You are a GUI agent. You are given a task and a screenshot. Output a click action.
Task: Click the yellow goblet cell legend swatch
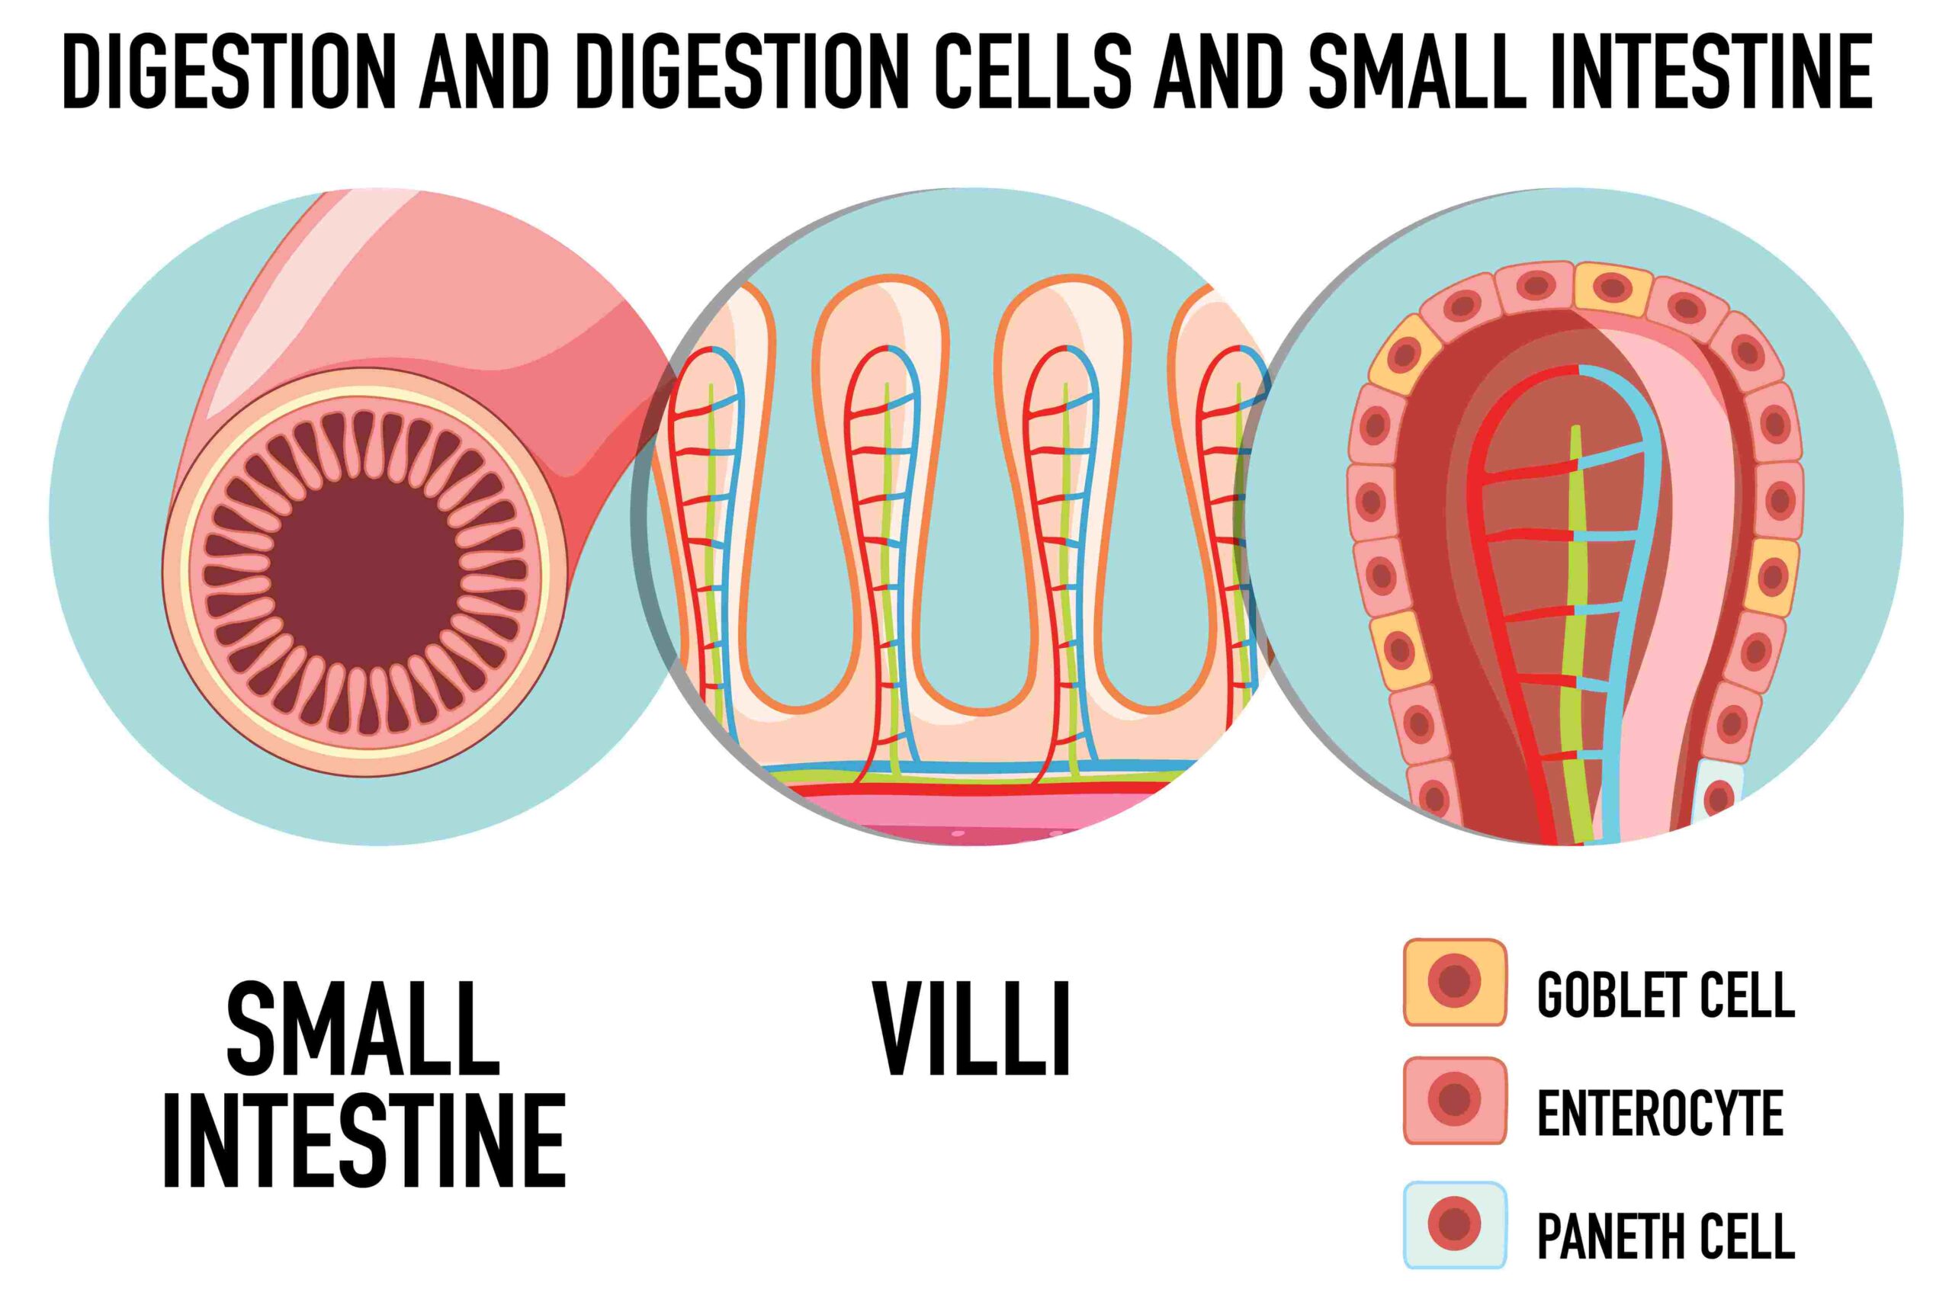(1454, 983)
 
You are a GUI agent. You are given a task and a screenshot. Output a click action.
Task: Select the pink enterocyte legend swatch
(1454, 1101)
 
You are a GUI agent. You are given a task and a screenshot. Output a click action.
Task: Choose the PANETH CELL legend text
(1665, 1236)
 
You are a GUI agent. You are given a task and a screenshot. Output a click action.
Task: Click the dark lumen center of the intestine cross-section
(365, 569)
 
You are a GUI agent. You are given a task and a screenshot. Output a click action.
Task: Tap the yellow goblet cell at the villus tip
(1612, 288)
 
